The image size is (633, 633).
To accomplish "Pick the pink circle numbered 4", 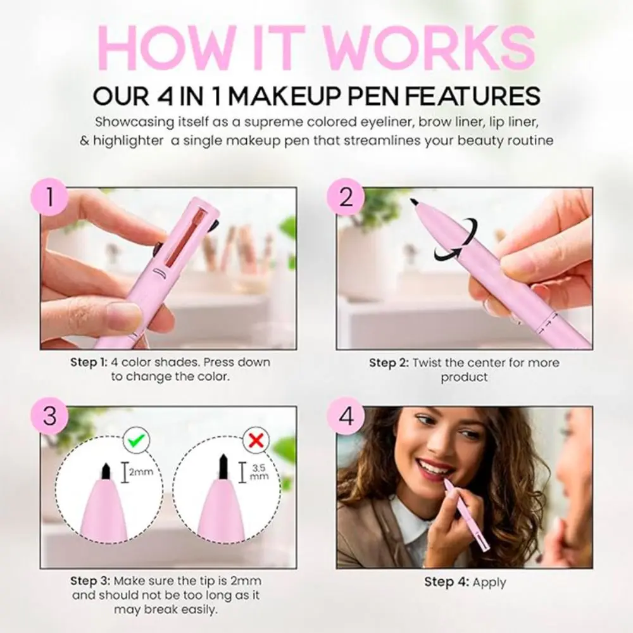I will click(345, 418).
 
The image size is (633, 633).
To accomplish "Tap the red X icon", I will click(255, 440).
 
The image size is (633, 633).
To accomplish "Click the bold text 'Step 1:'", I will click(88, 363).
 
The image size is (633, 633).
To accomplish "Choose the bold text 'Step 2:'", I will click(389, 363).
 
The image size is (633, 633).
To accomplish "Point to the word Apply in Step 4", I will click(489, 582).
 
